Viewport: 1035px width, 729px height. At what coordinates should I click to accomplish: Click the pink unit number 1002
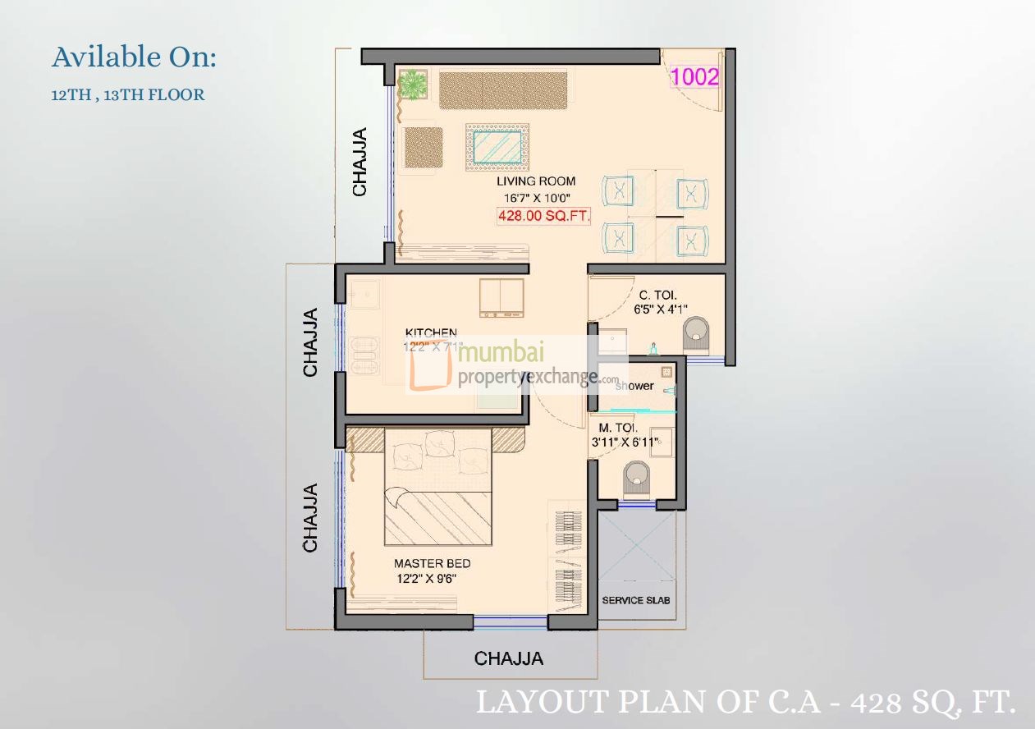695,77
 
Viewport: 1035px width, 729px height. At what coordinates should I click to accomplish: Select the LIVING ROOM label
535,181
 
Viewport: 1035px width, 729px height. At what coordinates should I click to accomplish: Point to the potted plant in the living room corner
413,84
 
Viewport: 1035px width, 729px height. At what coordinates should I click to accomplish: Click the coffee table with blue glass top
497,148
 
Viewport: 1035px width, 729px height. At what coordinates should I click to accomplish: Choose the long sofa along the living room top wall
503,90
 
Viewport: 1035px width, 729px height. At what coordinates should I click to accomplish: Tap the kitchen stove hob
501,297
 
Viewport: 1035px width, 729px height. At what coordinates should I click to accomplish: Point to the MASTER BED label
432,564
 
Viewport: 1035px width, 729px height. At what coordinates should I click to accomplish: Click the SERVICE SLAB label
636,600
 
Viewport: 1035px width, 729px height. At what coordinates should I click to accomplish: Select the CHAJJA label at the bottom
508,658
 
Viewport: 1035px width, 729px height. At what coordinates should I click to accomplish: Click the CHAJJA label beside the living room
360,162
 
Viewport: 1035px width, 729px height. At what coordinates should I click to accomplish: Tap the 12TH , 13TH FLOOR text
127,95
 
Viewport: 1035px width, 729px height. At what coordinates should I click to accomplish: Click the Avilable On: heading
134,57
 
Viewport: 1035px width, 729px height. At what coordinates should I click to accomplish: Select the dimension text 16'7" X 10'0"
537,198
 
